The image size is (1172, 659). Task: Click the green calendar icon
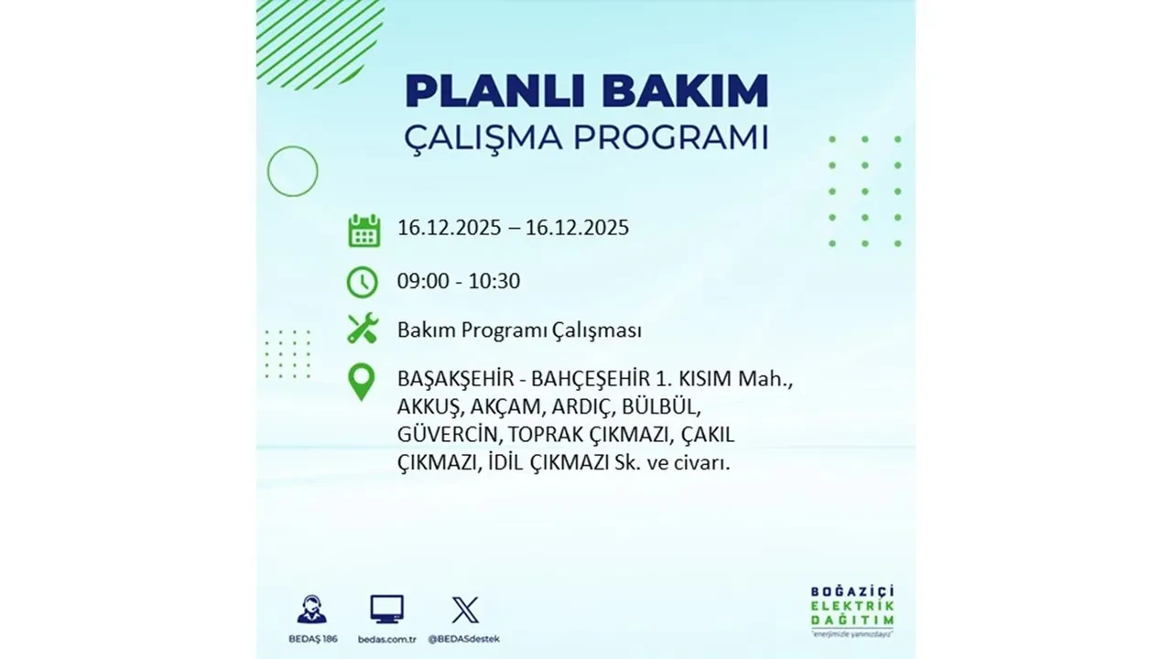click(364, 230)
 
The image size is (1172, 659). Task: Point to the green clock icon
click(363, 282)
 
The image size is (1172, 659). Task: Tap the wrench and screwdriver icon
click(363, 329)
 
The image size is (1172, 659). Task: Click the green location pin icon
click(363, 382)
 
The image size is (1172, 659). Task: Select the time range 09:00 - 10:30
click(458, 281)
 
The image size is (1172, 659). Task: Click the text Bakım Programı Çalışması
click(519, 330)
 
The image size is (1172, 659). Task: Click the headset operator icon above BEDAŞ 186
click(311, 609)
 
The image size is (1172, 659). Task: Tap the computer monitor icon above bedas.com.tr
click(386, 609)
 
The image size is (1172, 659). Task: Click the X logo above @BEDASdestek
click(465, 609)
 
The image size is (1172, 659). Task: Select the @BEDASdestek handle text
click(465, 638)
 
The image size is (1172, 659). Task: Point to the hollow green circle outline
click(292, 171)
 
